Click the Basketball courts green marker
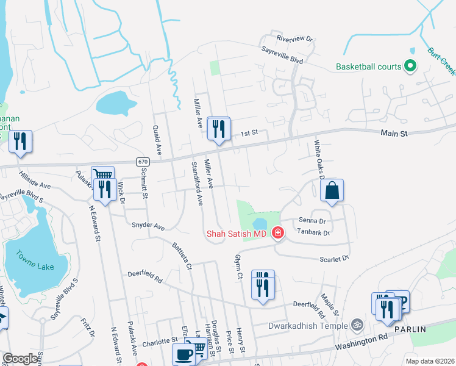coord(410,66)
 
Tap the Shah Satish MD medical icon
coord(277,232)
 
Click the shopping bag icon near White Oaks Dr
coord(332,191)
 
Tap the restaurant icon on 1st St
coord(218,129)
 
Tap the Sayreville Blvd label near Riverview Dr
coord(282,56)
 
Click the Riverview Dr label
coord(294,38)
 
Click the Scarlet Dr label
coord(334,259)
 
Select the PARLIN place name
coord(426,329)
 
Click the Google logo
coord(21,359)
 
